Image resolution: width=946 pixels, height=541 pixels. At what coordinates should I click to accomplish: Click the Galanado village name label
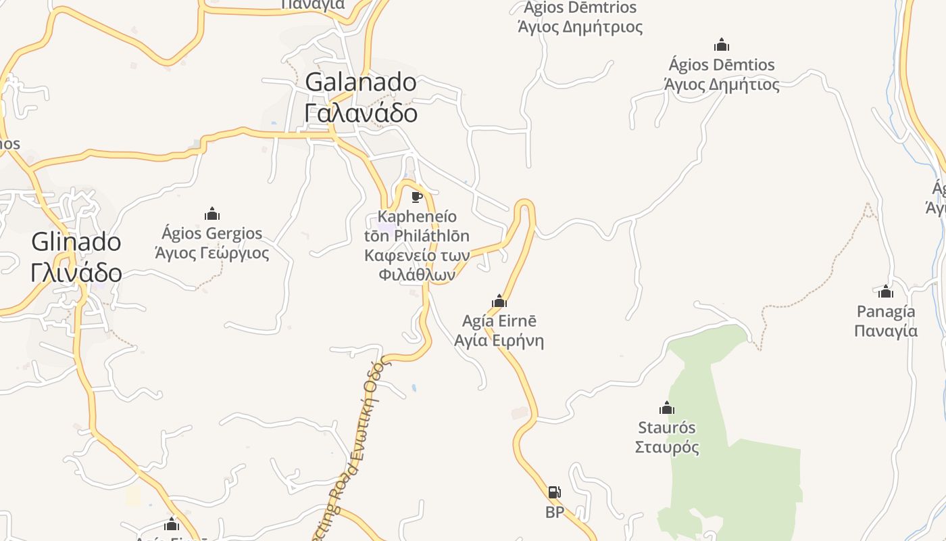tap(361, 83)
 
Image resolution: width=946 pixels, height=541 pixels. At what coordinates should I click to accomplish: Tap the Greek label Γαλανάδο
tap(361, 113)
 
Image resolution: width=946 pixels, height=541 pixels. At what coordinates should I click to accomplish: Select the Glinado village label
tap(76, 242)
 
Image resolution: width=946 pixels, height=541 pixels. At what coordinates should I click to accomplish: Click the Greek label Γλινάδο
tap(76, 273)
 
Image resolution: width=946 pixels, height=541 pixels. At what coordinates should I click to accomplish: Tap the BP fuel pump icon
tap(554, 492)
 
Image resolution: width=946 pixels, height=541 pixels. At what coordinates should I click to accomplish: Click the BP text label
tap(554, 513)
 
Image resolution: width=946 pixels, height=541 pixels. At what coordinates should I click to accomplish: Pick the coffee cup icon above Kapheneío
tap(417, 197)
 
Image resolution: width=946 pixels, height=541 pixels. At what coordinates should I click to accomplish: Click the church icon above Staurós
tap(667, 408)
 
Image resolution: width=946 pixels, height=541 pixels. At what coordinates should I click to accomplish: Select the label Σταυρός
tap(667, 448)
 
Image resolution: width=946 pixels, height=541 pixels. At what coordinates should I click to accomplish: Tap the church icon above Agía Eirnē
tap(499, 301)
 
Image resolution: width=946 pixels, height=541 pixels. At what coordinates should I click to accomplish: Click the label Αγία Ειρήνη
tap(499, 340)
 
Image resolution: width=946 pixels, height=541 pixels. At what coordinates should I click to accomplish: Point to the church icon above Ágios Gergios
tap(212, 214)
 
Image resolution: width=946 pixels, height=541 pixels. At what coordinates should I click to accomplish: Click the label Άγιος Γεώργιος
tap(212, 254)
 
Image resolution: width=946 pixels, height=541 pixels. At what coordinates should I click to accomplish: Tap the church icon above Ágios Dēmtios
tap(722, 45)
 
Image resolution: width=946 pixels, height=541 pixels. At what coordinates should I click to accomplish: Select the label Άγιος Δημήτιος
tap(722, 85)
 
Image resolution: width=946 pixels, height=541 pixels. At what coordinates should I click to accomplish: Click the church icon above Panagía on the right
tap(886, 292)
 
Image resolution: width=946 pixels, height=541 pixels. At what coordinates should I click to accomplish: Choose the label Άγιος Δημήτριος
tap(580, 28)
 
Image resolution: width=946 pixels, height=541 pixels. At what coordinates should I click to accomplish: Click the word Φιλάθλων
tap(417, 275)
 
